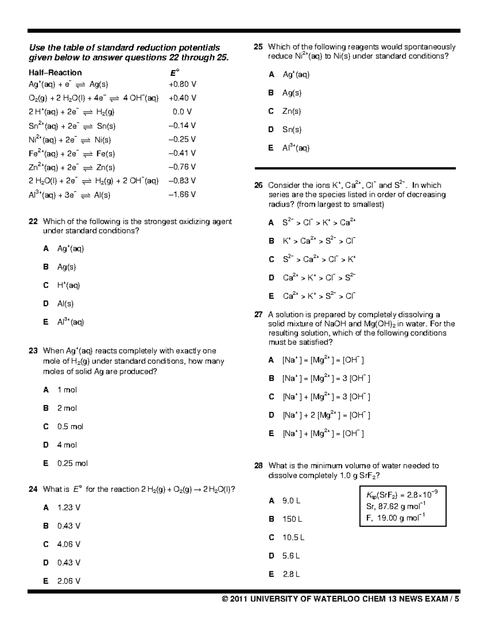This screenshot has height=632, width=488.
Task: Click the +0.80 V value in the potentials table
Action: click(x=182, y=84)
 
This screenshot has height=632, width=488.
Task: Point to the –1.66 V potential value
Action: click(x=182, y=195)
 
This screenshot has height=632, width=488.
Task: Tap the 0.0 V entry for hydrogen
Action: click(x=182, y=112)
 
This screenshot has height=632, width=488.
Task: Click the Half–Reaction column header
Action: click(x=55, y=73)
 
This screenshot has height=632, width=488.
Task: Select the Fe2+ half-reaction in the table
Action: click(x=72, y=153)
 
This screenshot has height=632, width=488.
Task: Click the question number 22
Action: click(x=33, y=221)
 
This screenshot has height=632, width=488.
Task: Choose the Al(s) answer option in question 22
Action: click(x=65, y=304)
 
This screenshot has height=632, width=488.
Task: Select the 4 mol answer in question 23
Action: click(x=67, y=445)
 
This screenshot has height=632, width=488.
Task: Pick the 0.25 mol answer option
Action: click(x=72, y=463)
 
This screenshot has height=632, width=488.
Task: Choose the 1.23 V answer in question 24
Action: click(x=69, y=507)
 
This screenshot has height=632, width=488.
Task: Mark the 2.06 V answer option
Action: click(x=69, y=581)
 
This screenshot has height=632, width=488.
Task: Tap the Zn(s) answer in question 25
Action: click(x=292, y=111)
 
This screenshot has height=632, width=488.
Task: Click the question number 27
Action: click(x=259, y=315)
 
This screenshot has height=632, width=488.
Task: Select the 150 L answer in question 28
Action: click(x=292, y=519)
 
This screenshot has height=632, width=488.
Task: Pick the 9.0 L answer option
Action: click(x=291, y=501)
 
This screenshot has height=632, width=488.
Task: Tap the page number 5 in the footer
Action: click(x=457, y=599)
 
